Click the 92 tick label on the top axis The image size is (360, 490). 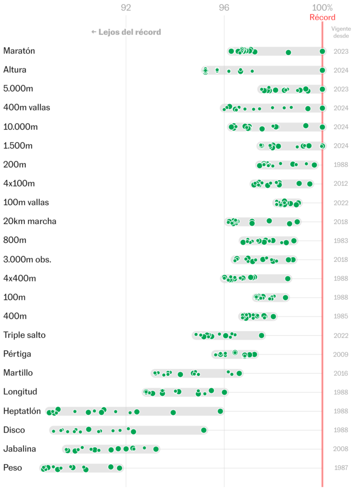pos(126,8)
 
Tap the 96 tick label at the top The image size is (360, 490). pos(224,8)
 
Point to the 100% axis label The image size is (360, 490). pos(322,8)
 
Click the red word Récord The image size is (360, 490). pos(322,18)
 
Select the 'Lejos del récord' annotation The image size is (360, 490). pos(126,32)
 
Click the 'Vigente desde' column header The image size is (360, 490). pos(341,32)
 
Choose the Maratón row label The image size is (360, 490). pos(19,51)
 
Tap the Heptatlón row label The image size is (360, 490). pos(22,411)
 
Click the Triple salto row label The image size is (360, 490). pos(24,335)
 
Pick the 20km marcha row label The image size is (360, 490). pos(30,222)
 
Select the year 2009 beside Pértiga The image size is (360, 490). pos(341,355)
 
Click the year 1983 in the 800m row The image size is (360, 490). pos(341,241)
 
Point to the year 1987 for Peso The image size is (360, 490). pos(341,468)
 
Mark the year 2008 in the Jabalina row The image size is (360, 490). pos(341,449)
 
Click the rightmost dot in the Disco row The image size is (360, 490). pos(204,430)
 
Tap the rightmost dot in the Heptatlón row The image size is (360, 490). pos(220,411)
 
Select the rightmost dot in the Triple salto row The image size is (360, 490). pos(261,335)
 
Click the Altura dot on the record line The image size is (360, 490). pos(322,70)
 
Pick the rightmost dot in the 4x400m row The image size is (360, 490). pos(288,278)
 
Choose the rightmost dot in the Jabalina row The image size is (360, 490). pos(156,449)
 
